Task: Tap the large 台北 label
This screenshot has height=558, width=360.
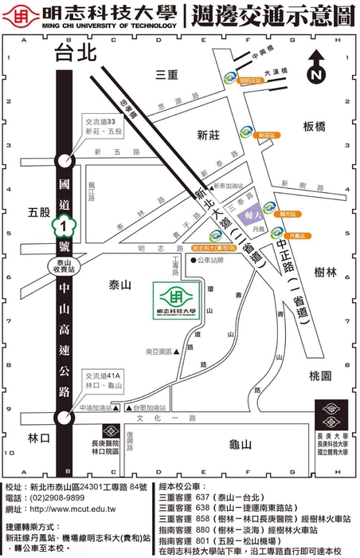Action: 76,54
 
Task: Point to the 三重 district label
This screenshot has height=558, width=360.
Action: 168,74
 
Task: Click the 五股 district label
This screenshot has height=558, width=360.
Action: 38,213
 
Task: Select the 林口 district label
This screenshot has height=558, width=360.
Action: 37,438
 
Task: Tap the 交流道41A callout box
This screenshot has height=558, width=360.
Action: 103,380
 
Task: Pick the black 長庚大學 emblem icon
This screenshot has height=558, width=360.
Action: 331,415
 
